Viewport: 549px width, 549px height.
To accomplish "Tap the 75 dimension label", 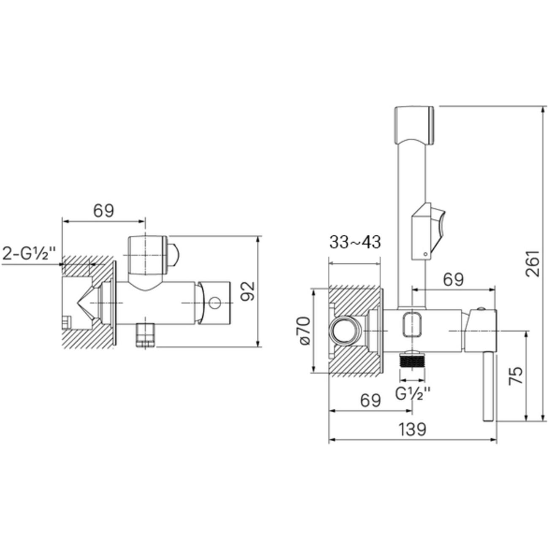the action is [516, 375].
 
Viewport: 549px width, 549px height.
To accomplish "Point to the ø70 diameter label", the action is [304, 331].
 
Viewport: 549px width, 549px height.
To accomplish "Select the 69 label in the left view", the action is [104, 211].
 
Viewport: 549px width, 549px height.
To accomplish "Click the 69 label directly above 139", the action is [370, 401].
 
